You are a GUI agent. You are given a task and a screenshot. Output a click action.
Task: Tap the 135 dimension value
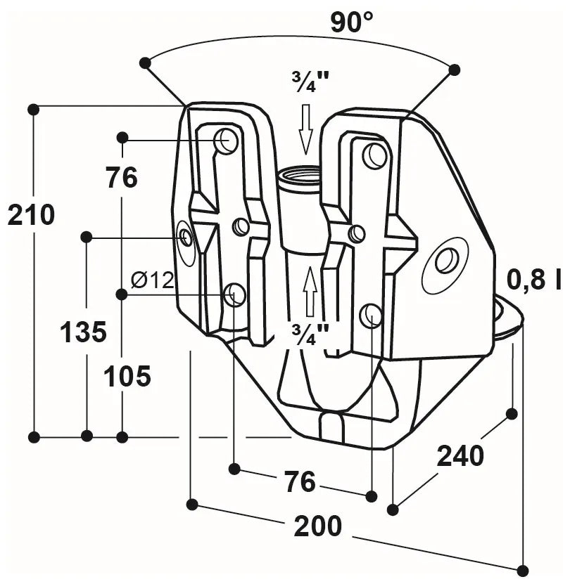tap(84, 331)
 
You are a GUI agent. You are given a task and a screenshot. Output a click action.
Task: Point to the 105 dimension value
tap(127, 377)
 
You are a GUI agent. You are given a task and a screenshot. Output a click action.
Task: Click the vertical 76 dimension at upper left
tap(122, 178)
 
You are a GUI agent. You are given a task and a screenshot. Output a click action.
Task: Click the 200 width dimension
tap(317, 526)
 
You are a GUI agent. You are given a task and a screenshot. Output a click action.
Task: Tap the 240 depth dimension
tap(461, 456)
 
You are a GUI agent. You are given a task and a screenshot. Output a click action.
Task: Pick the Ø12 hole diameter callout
tap(152, 280)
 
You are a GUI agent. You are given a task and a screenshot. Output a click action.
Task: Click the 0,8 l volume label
tap(536, 280)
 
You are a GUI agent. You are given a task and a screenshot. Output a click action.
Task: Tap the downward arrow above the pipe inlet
tap(305, 129)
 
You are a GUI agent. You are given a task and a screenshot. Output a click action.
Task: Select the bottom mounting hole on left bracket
tap(234, 294)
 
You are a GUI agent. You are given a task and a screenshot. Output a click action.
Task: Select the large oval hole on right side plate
tap(446, 261)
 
